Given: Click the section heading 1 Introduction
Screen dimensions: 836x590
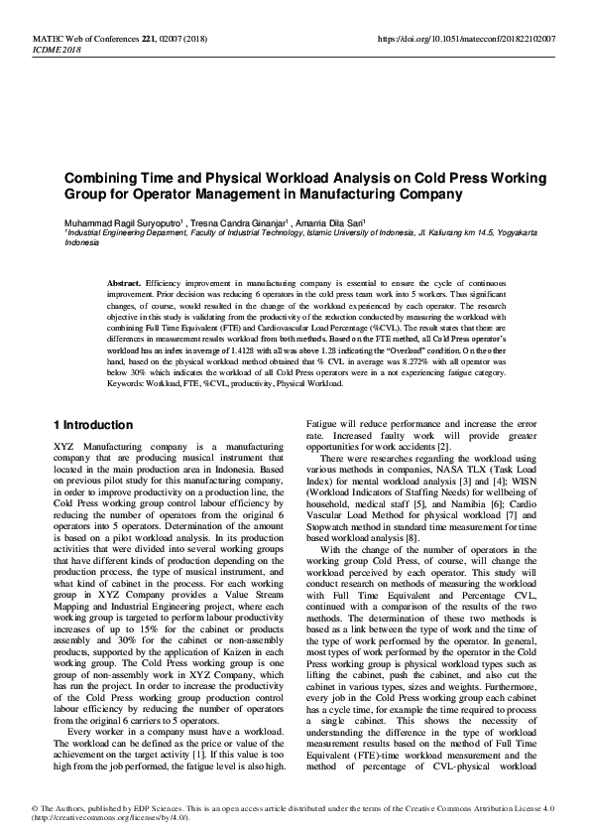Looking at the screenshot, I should click(x=91, y=425).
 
